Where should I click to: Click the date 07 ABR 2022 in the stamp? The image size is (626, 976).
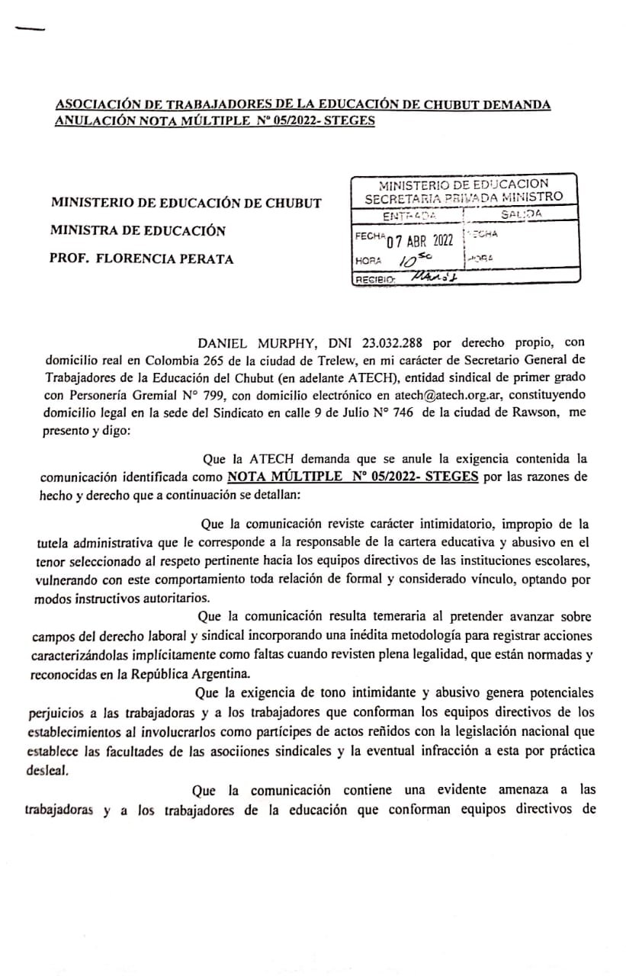coord(421,242)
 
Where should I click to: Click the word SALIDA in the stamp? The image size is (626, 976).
coord(522,214)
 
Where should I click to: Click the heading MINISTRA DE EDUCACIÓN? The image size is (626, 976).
coord(139,230)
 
